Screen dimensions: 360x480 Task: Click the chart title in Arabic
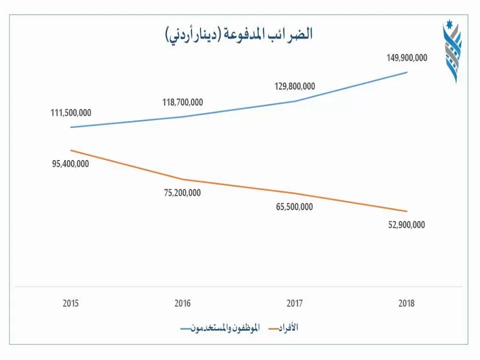tap(238, 34)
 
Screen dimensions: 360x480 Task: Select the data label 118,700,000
tap(183, 102)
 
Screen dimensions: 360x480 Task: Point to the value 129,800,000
tap(295, 86)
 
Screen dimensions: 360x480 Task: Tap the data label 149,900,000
tap(407, 58)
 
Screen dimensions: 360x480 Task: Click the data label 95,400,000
tap(70, 164)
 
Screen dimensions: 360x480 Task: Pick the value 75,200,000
tap(182, 193)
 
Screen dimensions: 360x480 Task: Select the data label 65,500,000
tap(294, 207)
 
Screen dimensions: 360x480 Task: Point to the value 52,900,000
tap(406, 225)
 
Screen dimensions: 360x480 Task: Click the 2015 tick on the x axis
tap(71, 303)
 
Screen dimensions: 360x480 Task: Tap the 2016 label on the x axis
tap(183, 303)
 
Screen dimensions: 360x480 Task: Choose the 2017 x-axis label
tap(294, 303)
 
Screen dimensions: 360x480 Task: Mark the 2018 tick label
tap(406, 303)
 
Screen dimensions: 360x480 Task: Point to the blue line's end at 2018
tap(407, 72)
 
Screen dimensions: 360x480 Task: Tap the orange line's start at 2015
tap(71, 150)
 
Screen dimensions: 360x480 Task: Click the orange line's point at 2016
tap(183, 179)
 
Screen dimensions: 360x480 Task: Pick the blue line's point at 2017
tap(294, 101)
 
